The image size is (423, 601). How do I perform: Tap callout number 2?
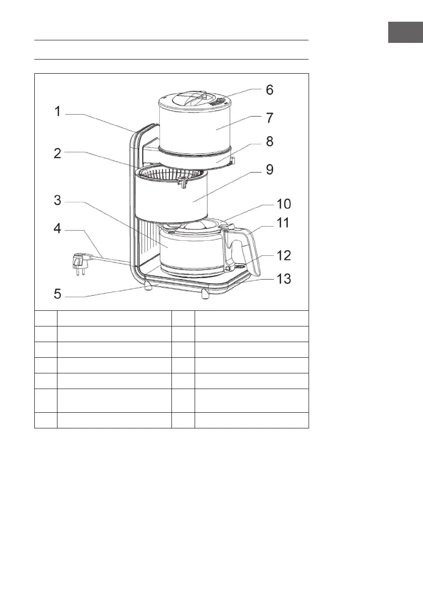tap(58, 153)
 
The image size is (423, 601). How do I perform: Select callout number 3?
tap(58, 200)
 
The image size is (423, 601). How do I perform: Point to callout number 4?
tap(58, 229)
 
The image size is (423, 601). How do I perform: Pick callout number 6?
tap(270, 90)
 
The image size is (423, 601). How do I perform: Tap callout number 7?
tap(270, 118)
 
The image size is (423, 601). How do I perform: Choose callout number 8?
tap(270, 142)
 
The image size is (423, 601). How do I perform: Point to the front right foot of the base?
tap(205, 294)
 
